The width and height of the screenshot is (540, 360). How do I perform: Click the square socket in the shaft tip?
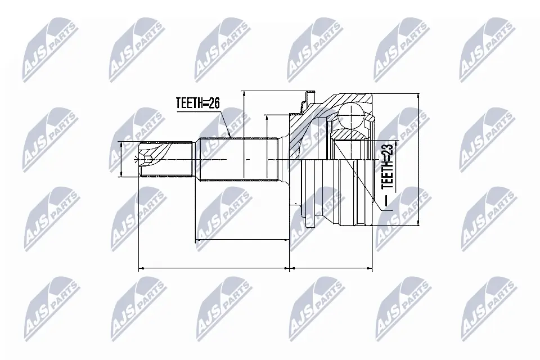147,160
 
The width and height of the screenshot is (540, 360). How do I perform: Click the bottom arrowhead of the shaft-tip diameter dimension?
123,176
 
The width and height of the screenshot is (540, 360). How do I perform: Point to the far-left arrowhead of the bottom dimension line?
141,268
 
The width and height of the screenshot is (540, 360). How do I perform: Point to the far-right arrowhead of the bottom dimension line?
372,268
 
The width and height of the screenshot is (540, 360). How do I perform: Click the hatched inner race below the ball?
349,136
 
